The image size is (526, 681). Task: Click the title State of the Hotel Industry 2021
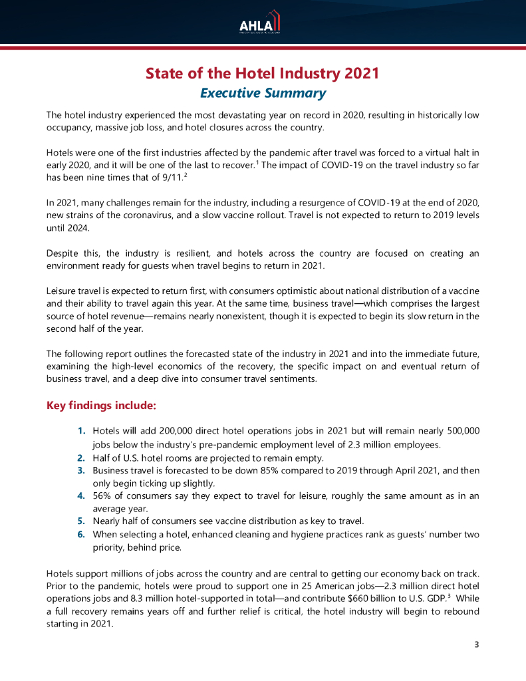click(263, 73)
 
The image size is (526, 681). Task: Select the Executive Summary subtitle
click(263, 93)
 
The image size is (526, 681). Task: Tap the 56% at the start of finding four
click(103, 495)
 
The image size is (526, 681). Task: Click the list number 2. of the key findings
click(80, 458)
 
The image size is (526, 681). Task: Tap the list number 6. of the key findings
click(80, 534)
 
